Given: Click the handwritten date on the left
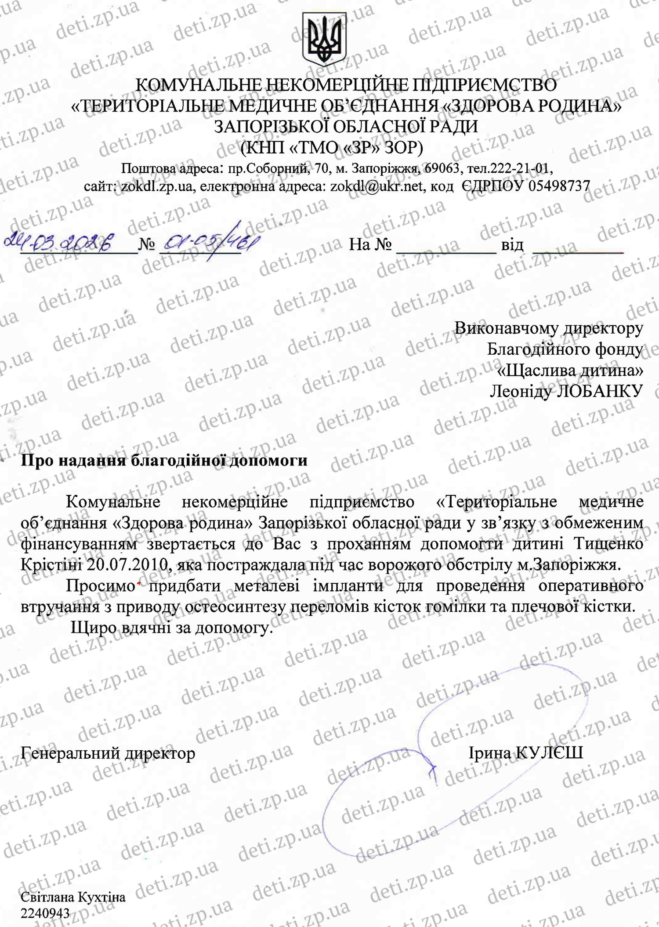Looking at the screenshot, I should pos(58,241).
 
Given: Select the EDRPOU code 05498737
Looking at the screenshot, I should pos(559,186).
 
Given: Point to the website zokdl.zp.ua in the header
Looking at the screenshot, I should pos(156,186).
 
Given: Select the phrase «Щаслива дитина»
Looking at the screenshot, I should pos(570,370).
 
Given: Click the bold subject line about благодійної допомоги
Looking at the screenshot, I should pos(164,460).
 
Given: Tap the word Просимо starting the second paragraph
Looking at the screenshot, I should pos(100,586).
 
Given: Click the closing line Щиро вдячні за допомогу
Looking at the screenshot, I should pos(172,628).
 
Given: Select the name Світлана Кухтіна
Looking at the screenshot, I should pos(73,897).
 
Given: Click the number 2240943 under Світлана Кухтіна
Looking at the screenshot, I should pos(45,913).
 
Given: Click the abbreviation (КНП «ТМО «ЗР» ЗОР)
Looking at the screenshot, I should pos(331,148).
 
